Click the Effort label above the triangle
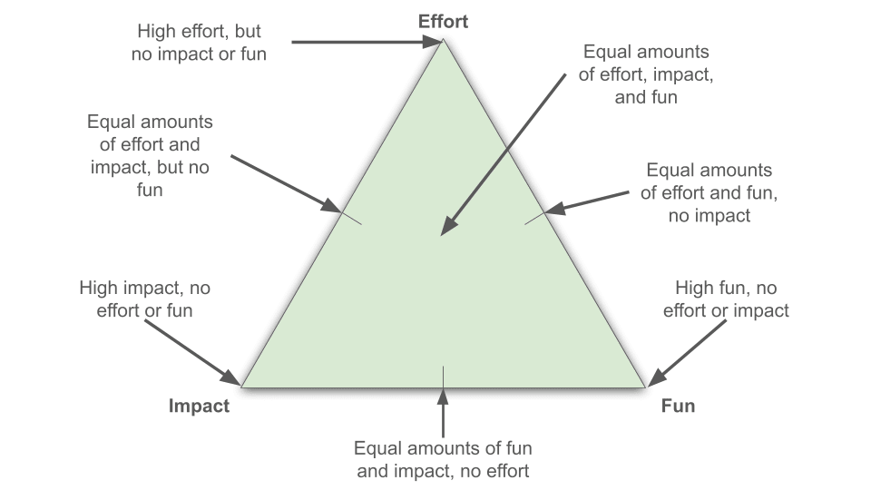443,20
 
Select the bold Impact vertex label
199,406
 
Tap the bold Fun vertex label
678,406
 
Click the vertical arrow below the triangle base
443,412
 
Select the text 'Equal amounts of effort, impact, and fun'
646,74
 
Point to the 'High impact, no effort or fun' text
145,299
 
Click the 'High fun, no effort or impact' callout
726,299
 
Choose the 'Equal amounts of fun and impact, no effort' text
443,459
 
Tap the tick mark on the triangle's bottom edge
443,373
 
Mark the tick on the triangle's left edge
350,218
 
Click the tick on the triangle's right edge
535,218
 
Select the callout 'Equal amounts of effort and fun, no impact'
709,192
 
